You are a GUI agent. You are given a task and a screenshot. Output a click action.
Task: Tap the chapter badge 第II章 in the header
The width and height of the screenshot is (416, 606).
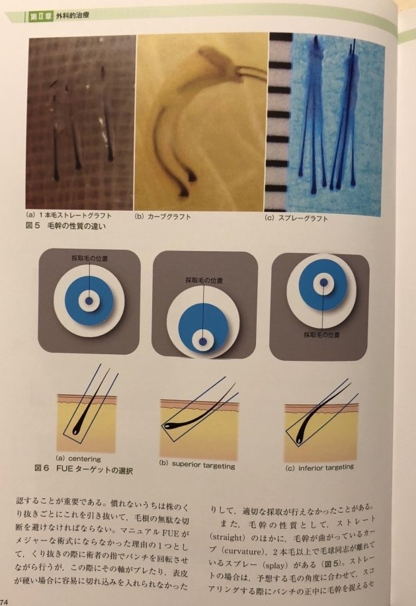40,17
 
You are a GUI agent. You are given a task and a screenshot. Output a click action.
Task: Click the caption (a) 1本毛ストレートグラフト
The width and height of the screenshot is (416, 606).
68,215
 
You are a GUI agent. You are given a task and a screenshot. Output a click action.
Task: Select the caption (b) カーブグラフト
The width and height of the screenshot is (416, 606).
163,216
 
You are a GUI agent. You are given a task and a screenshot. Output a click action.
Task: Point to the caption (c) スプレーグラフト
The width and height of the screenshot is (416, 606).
296,218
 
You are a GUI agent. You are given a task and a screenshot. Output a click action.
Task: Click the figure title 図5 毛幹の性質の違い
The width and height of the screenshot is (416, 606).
65,226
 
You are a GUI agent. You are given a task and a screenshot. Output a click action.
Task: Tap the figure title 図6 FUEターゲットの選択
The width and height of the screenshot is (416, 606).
83,469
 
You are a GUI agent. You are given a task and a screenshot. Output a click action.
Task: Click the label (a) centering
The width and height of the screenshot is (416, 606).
78,459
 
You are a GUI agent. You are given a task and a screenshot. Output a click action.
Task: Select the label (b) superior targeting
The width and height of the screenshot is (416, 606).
197,465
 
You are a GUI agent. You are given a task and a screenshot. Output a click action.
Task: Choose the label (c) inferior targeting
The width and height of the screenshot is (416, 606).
319,467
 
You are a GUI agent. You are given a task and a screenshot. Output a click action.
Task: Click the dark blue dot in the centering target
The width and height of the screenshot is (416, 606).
89,301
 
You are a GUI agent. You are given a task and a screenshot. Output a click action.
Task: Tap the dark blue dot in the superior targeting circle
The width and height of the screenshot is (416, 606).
203,342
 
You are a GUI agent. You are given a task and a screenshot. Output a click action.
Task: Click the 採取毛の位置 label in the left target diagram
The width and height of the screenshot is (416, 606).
90,258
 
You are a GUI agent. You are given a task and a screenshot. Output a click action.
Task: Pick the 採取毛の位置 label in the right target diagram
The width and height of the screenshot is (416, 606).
321,334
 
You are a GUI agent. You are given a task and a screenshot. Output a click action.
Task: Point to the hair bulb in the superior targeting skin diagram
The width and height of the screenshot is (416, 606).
168,426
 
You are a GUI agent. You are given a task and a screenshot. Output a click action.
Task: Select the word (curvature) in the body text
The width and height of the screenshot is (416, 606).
241,550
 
